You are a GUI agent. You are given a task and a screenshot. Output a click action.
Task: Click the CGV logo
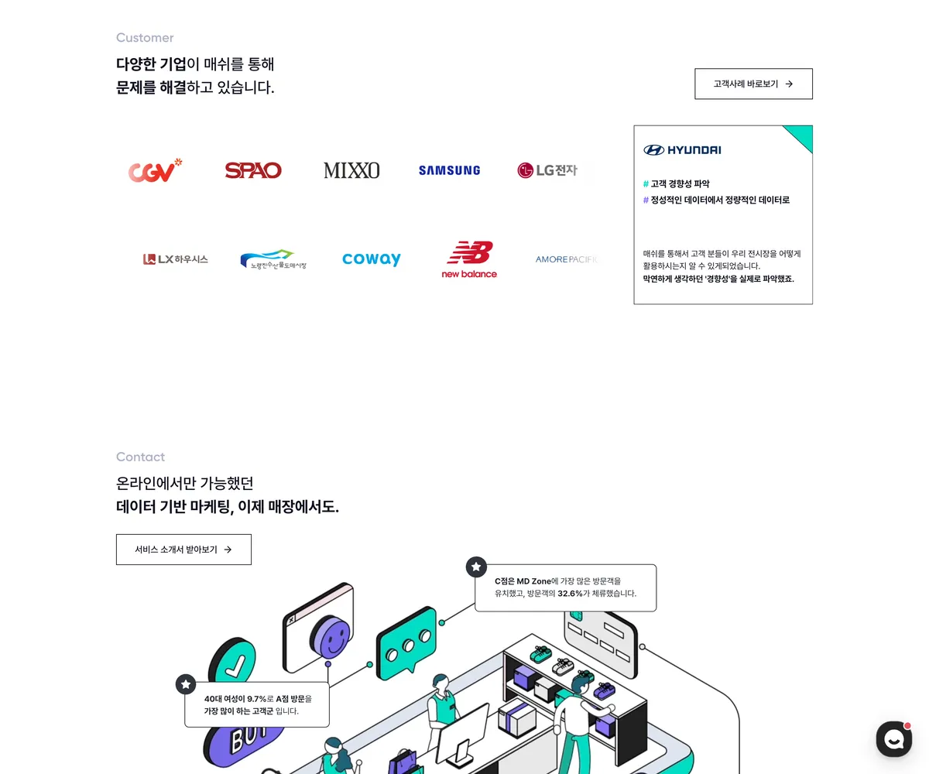coord(155,170)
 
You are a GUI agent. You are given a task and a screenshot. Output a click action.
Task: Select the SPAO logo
coord(252,170)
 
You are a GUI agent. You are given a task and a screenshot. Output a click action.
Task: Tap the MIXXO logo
coord(351,170)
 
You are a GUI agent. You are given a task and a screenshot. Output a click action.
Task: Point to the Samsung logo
coord(449,170)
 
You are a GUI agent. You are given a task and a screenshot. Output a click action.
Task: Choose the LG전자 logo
coord(547,170)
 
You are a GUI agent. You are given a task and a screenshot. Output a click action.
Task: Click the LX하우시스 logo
coord(175,259)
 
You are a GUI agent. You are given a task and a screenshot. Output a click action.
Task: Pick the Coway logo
coord(372,259)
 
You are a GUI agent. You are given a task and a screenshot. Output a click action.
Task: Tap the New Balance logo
coord(469,260)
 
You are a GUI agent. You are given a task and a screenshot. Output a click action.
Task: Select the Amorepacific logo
coord(567,259)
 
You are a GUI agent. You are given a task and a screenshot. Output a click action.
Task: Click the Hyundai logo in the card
coord(682,150)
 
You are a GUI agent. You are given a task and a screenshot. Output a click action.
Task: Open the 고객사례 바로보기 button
coord(753,84)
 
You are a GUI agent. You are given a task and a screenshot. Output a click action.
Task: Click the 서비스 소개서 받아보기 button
coord(183,550)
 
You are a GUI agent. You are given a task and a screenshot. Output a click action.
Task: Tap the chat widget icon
coord(893,739)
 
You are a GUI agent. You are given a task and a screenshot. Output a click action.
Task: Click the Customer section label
coord(145,38)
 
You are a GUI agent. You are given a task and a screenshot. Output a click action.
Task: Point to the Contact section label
coord(140,457)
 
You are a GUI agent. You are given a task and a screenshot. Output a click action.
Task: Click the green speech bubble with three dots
coord(406,642)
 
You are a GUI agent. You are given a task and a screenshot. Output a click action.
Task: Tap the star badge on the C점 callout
coord(476,567)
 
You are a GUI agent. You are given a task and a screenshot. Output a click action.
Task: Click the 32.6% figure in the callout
coord(570,594)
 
